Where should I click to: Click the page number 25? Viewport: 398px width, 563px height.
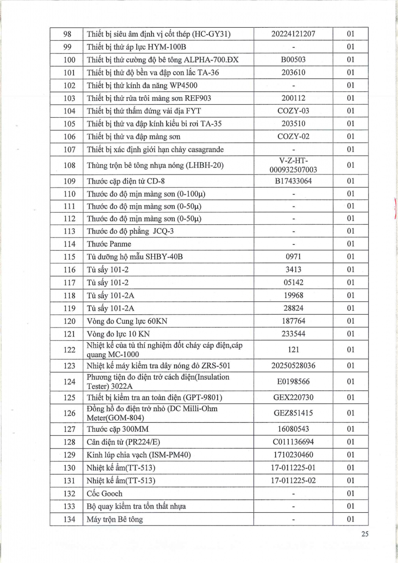[x=365, y=533]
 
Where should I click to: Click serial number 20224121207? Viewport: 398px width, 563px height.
[x=293, y=34]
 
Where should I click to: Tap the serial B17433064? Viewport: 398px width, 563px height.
[x=293, y=181]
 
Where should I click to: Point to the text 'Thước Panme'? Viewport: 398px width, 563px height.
[x=109, y=244]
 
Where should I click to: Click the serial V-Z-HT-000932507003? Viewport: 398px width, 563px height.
[x=293, y=165]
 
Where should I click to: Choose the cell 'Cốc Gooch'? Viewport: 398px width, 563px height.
[x=105, y=494]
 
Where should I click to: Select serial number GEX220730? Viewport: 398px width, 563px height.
[x=293, y=397]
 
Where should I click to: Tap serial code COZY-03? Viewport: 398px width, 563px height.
[x=293, y=111]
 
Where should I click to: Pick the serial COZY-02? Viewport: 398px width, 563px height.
[x=293, y=137]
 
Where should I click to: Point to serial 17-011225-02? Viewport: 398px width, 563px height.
[x=293, y=481]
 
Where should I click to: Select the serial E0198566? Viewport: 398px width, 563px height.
[x=293, y=381]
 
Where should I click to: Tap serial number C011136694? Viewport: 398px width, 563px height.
[x=293, y=442]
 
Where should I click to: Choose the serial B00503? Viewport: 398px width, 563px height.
[x=293, y=60]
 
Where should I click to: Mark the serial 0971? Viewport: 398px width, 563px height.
[x=293, y=257]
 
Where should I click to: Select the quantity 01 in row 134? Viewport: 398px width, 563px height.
[x=350, y=519]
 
